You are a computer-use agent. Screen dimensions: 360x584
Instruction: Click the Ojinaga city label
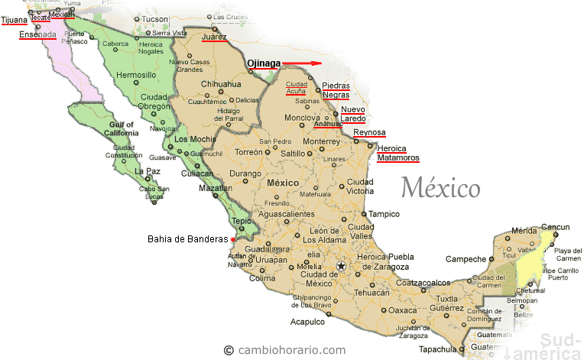tap(264, 63)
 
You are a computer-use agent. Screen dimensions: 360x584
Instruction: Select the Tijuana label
tap(13, 21)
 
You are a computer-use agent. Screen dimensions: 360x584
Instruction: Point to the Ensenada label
tap(37, 34)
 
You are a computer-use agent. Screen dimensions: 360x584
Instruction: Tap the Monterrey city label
tap(320, 141)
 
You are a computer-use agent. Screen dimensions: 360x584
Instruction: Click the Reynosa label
tap(368, 132)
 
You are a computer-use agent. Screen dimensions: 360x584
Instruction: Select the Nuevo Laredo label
tap(353, 115)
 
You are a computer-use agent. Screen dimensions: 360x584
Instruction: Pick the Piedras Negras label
tap(336, 90)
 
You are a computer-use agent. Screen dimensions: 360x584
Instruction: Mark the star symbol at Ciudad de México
tap(341, 266)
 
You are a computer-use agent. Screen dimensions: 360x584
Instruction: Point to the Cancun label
tap(556, 226)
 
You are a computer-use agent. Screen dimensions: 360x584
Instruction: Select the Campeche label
tap(466, 258)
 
